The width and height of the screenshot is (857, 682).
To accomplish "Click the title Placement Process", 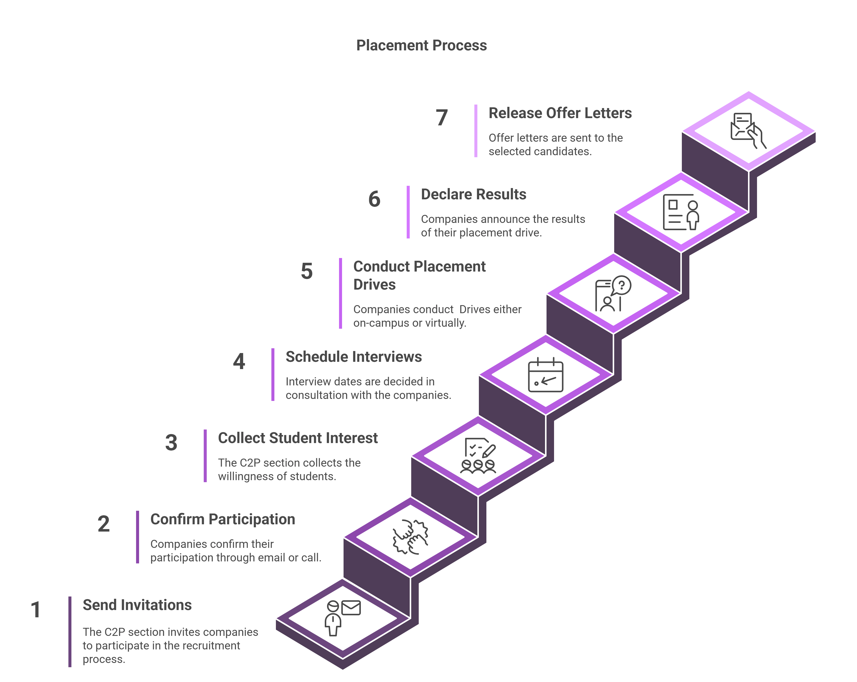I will coord(421,45).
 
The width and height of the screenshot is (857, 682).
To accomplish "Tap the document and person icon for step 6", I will coord(681,212).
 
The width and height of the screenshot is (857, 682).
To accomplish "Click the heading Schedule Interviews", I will coord(353,357).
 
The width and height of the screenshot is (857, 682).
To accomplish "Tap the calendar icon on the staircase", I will coord(545,375).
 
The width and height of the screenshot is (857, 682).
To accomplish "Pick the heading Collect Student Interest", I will coord(298,438).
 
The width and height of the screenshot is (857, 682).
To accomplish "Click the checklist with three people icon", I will coord(478,456).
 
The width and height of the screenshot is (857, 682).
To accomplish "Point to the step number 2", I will coord(103,524).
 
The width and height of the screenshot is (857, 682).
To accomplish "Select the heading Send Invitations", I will coord(137,605).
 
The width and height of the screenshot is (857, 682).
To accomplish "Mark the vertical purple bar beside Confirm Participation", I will coord(138,537).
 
